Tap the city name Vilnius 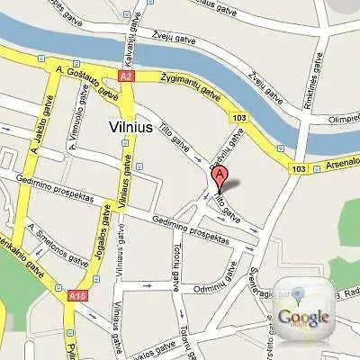(x=133, y=127)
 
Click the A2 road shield (x=126, y=77)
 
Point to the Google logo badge (x=303, y=315)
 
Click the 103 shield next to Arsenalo (x=299, y=168)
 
